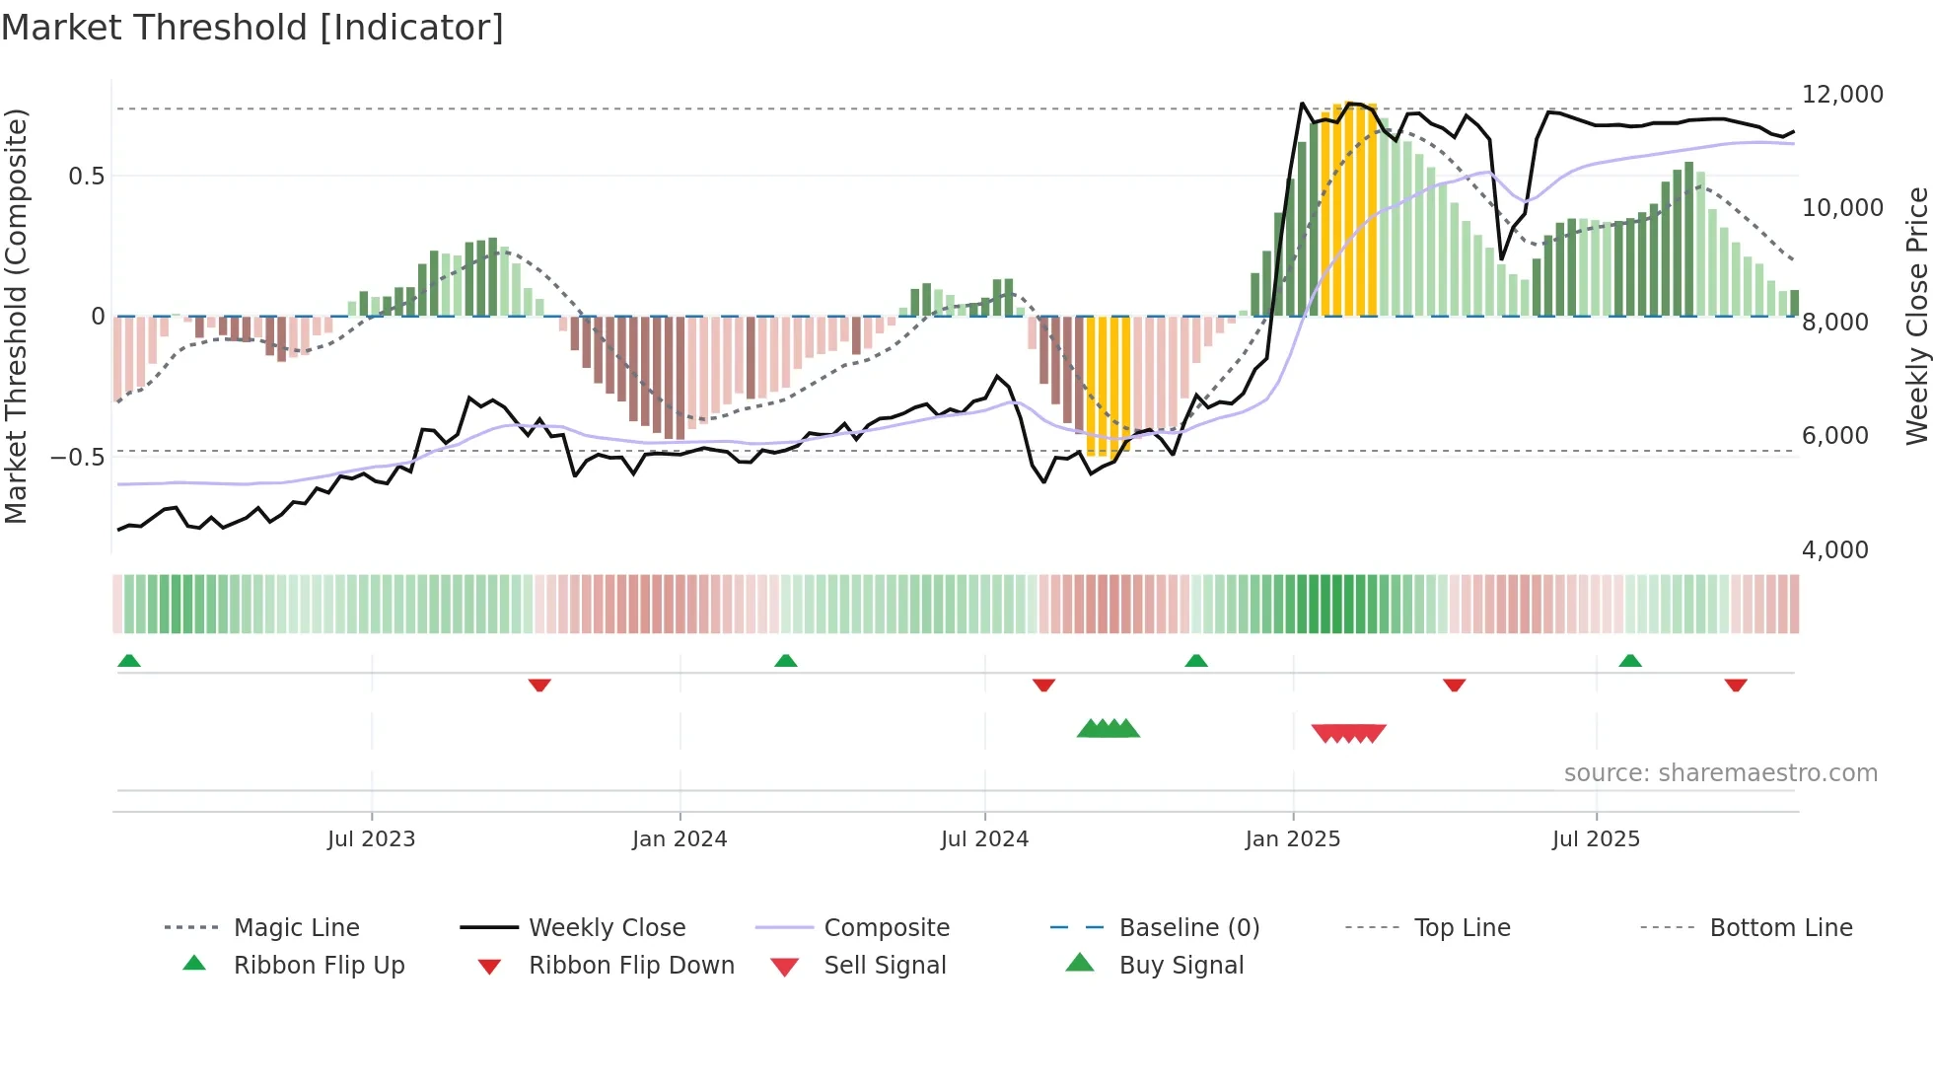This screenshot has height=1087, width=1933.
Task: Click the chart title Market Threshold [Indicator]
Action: [x=252, y=28]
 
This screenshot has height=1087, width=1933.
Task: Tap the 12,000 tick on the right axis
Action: [x=1841, y=95]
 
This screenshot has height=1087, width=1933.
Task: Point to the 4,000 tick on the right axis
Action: [x=1834, y=549]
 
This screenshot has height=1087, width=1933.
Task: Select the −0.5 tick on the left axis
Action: [x=77, y=458]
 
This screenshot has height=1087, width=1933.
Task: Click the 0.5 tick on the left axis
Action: [x=86, y=177]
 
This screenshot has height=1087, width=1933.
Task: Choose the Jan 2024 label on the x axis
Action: [x=680, y=839]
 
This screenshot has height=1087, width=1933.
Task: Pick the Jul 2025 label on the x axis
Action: [x=1596, y=839]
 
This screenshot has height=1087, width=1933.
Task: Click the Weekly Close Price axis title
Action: [x=1916, y=316]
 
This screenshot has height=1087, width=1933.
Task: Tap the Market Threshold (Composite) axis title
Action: [x=16, y=316]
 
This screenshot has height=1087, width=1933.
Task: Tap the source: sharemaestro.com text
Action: [x=1720, y=773]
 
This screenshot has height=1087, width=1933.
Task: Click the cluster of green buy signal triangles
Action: [x=1108, y=730]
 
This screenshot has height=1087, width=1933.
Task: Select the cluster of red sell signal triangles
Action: [x=1348, y=733]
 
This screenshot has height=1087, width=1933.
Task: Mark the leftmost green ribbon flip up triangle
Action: [x=129, y=661]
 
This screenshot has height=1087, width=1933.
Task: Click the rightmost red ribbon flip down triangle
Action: [x=1736, y=685]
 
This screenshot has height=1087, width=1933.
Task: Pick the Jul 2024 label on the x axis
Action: [x=984, y=839]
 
